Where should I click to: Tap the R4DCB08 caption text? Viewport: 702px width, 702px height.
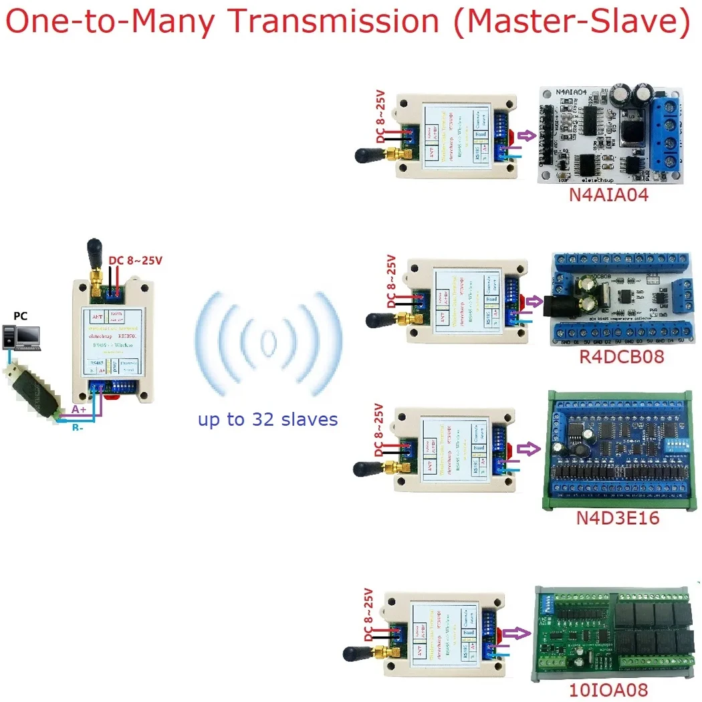point(621,356)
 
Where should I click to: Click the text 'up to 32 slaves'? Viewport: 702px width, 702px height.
point(267,420)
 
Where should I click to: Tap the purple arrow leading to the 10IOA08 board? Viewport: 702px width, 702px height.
point(513,632)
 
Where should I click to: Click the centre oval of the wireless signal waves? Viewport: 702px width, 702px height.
point(268,342)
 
